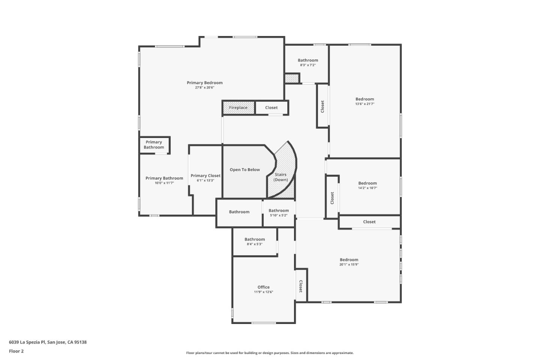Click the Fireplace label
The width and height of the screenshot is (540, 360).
click(x=238, y=108)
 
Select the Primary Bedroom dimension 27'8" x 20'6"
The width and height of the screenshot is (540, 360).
click(x=204, y=88)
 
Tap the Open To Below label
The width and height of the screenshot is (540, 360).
click(x=244, y=170)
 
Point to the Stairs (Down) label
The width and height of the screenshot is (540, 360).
click(x=280, y=177)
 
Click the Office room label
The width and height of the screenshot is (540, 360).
click(x=263, y=287)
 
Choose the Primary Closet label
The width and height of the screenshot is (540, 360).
click(x=205, y=175)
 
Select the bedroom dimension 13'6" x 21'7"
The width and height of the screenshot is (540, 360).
click(x=364, y=104)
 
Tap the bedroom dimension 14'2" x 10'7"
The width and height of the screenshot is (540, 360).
click(x=367, y=188)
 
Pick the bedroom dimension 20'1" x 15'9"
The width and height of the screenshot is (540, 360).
click(x=349, y=264)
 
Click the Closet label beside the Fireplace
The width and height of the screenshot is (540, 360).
click(x=271, y=108)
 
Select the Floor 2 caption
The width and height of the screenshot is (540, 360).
click(x=16, y=351)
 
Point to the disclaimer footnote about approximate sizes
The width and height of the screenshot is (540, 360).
click(x=270, y=353)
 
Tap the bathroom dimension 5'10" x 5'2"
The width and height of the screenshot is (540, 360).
click(x=279, y=216)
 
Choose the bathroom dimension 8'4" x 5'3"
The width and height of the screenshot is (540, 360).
click(x=254, y=244)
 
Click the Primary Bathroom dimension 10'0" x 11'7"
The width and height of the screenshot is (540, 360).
click(x=164, y=183)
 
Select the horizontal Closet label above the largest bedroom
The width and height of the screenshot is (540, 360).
click(x=369, y=222)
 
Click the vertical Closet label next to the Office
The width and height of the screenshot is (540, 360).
click(x=301, y=286)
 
